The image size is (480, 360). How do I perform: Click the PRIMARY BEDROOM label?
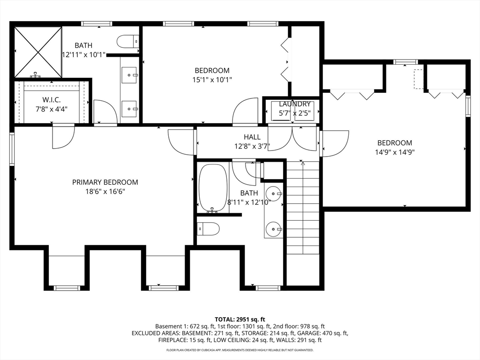tap(105, 182)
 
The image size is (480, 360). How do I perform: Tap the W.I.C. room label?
tap(52, 100)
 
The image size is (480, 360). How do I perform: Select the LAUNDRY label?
tap(294, 104)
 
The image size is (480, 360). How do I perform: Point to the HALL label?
tap(252, 137)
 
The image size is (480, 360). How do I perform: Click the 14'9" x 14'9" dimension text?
tap(395, 152)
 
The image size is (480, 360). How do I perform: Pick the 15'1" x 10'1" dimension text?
tap(212, 80)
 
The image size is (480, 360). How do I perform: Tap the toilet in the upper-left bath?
tap(128, 41)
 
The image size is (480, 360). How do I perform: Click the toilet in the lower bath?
tap(208, 229)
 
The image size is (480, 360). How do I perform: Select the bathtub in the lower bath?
tap(213, 188)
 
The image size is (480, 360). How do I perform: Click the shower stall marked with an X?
tap(38, 52)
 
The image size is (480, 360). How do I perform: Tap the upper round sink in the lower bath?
tap(273, 194)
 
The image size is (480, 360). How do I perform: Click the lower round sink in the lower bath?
tap(273, 228)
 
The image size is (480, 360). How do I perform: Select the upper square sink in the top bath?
tap(130, 75)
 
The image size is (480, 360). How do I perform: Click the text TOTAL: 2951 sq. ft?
tap(240, 320)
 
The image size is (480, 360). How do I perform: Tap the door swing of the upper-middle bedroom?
tap(245, 111)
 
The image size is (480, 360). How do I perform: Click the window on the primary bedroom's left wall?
tap(12, 149)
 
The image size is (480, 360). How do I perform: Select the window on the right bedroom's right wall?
tap(468, 106)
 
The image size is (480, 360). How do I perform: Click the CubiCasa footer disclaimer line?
tap(240, 350)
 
